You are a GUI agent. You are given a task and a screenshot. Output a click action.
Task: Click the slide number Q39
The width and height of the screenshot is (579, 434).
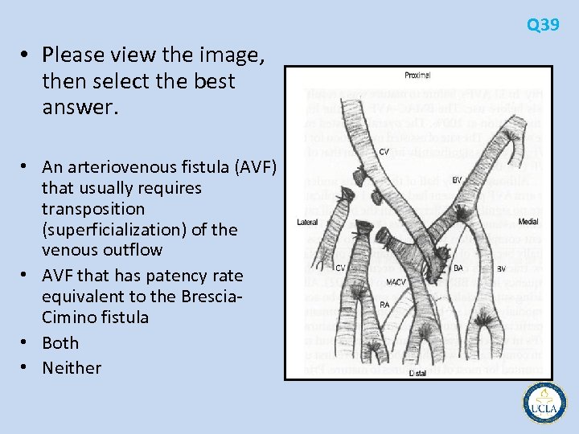click(x=543, y=26)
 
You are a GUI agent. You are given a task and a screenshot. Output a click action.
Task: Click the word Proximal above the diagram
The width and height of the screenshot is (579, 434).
click(x=417, y=76)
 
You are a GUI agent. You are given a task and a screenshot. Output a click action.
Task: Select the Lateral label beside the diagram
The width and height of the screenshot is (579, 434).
click(x=306, y=222)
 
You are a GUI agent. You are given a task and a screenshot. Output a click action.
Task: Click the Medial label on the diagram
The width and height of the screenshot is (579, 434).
click(x=529, y=222)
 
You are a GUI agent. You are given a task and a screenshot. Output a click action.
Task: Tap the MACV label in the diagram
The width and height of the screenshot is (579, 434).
click(x=396, y=282)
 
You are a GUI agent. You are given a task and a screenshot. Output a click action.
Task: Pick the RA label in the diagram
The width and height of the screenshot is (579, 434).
click(x=385, y=305)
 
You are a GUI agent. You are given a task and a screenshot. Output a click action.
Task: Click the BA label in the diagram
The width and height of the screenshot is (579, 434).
click(x=458, y=268)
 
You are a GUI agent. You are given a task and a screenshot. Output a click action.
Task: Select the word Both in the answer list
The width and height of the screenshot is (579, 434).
click(x=60, y=342)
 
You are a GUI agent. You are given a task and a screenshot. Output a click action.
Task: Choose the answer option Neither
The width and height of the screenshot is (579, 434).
click(x=72, y=368)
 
